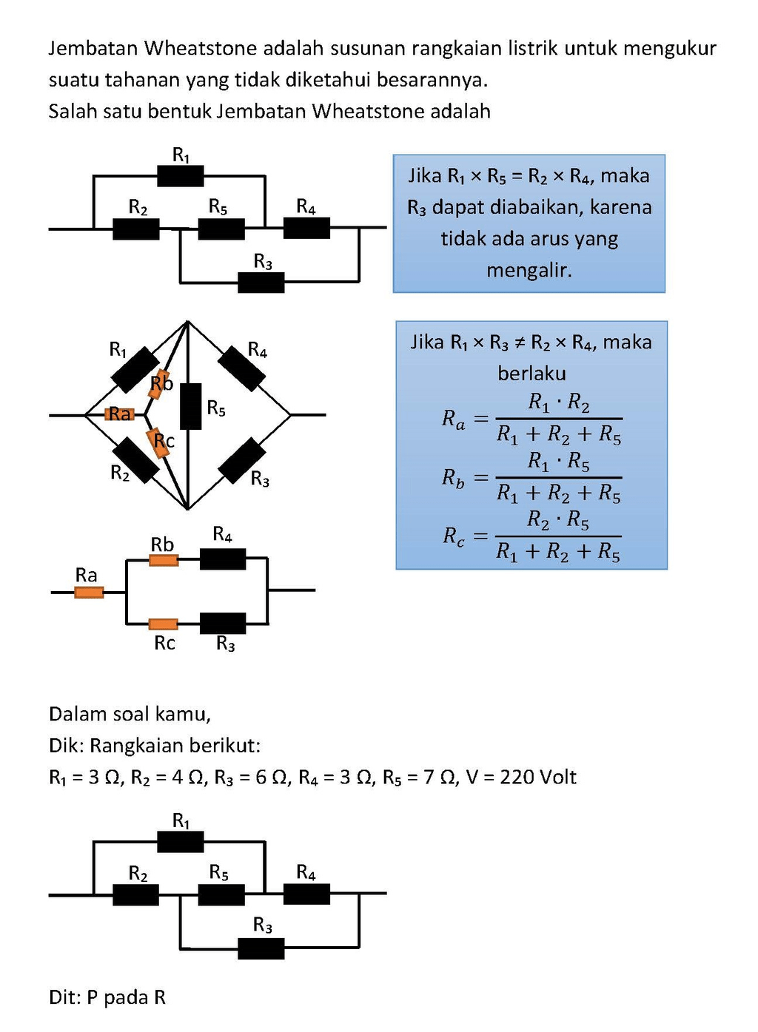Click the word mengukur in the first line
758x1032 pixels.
(669, 49)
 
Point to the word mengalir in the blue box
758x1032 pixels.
(529, 271)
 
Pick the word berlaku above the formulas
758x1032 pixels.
(531, 374)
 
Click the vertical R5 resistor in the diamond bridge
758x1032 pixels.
(191, 406)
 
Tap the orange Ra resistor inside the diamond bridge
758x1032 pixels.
(118, 414)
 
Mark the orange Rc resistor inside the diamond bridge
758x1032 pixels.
(158, 442)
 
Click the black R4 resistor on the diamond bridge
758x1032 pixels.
(242, 368)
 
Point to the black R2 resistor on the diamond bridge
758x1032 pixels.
(135, 459)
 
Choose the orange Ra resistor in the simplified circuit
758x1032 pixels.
(89, 592)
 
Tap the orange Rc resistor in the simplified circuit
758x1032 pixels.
(163, 624)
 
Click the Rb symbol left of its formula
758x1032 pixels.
(453, 478)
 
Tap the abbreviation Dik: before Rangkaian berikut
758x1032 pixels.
(66, 746)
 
